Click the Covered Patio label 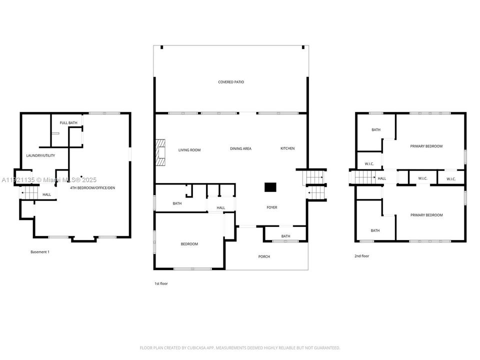coord(231,82)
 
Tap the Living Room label coord(189,150)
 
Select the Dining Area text coord(240,148)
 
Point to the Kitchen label coord(287,148)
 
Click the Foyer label coord(272,207)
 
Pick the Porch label coord(264,256)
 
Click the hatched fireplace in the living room coord(160,152)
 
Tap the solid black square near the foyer coord(270,187)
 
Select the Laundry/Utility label coord(40,155)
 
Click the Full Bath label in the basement coord(68,123)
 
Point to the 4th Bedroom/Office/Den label coord(92,187)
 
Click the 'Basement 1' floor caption coord(40,252)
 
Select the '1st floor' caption coord(161,283)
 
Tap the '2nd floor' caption coord(361,256)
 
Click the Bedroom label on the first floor coord(189,244)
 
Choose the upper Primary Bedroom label coord(426,146)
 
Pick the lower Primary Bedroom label coord(426,215)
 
